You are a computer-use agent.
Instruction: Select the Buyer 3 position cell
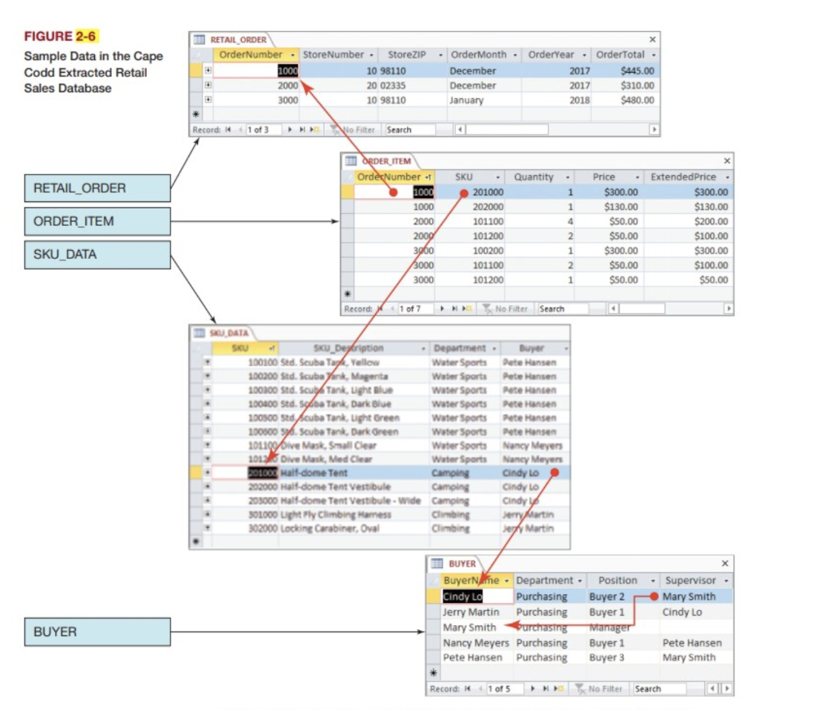click(606, 657)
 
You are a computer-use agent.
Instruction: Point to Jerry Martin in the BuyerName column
click(471, 612)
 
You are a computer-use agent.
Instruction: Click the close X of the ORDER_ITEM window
click(725, 161)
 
